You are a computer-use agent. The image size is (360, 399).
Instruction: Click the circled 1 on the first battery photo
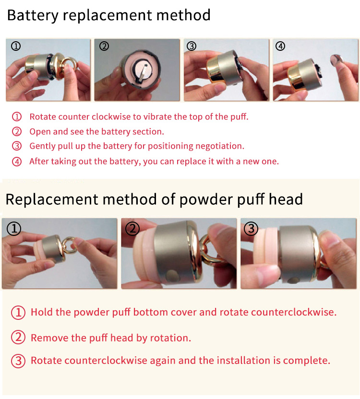click(16, 47)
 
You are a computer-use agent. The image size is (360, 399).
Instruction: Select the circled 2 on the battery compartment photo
click(104, 47)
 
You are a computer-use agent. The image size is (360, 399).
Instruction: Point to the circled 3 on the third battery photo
click(192, 47)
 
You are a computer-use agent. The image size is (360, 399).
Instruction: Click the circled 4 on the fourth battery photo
click(280, 47)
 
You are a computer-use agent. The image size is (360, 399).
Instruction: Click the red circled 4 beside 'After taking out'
click(17, 162)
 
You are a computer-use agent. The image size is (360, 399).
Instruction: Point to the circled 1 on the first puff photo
click(14, 229)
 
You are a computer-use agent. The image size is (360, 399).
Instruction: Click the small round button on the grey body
click(170, 275)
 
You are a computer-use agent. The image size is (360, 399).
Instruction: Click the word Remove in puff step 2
click(47, 338)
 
